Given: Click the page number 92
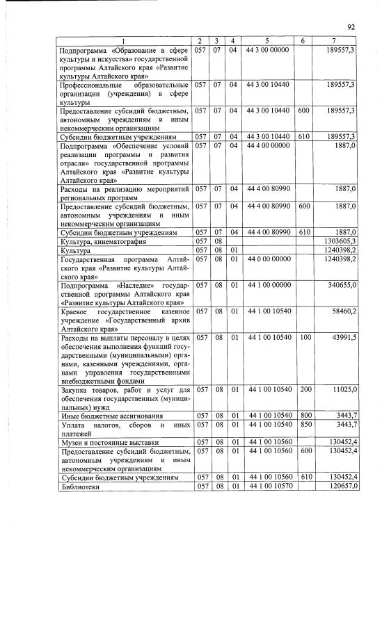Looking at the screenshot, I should [x=351, y=26].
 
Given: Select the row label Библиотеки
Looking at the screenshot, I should [x=81, y=487].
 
